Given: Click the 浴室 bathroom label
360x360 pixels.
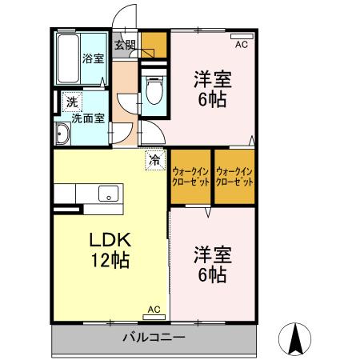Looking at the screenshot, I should (93, 58).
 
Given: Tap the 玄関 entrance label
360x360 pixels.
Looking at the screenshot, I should (125, 45).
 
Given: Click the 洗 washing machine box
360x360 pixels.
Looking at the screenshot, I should (72, 102).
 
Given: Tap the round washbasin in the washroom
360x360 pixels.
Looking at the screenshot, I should (61, 133).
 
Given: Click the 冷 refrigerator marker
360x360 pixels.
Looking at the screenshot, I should (154, 160).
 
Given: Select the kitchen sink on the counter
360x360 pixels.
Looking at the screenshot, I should (107, 194).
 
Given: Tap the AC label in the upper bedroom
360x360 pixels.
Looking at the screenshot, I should (241, 46).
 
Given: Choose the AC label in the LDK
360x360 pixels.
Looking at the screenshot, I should (154, 309).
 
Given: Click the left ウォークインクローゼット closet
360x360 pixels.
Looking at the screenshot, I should (190, 176).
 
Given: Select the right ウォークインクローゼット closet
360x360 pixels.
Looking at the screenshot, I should (234, 176).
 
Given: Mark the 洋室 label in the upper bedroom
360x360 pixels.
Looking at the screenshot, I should (212, 80).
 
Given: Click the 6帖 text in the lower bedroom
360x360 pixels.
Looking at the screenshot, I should (212, 275).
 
